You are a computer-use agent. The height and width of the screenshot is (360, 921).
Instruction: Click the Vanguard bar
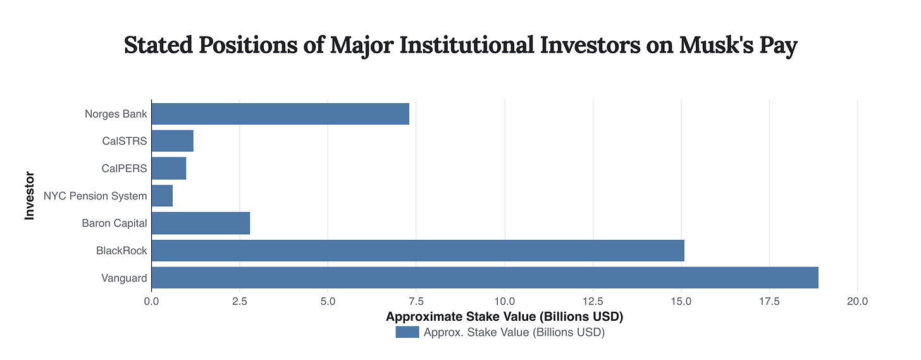click(485, 278)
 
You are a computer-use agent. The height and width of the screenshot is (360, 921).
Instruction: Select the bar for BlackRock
click(417, 251)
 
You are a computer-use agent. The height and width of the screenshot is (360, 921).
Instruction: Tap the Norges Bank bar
click(280, 114)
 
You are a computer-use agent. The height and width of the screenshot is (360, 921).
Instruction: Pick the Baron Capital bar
click(201, 223)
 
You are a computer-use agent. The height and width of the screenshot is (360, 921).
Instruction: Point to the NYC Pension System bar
click(162, 196)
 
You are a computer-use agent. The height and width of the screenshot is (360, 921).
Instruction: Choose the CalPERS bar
click(169, 168)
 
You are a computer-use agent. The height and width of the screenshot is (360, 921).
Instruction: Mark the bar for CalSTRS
click(172, 141)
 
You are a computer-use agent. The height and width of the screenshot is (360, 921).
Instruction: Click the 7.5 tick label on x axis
click(416, 302)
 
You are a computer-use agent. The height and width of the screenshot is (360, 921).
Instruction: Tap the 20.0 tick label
click(857, 302)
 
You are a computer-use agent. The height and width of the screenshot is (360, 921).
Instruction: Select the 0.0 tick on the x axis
click(151, 302)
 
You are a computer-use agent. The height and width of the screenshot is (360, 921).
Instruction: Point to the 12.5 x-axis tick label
click(593, 302)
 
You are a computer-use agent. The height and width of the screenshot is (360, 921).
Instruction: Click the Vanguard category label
click(124, 278)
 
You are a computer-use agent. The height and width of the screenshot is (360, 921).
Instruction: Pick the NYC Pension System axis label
click(95, 196)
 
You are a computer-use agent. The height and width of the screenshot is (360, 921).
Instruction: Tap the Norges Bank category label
click(116, 114)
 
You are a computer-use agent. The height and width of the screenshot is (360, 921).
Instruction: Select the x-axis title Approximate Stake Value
click(504, 316)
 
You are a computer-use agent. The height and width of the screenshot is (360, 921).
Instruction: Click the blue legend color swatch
click(407, 332)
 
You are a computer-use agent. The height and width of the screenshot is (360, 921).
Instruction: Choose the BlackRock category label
click(121, 251)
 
